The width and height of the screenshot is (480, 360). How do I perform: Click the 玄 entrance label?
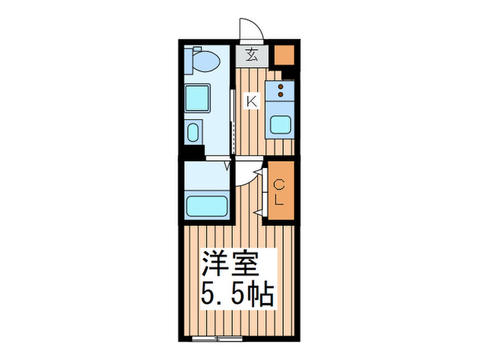252,55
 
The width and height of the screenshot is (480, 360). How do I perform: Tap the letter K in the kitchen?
252,102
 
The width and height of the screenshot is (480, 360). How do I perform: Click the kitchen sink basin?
279,125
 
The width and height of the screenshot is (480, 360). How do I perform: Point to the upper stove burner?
280,87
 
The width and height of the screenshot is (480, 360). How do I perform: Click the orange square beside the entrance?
284,54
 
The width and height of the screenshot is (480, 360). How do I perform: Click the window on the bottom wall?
217,339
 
